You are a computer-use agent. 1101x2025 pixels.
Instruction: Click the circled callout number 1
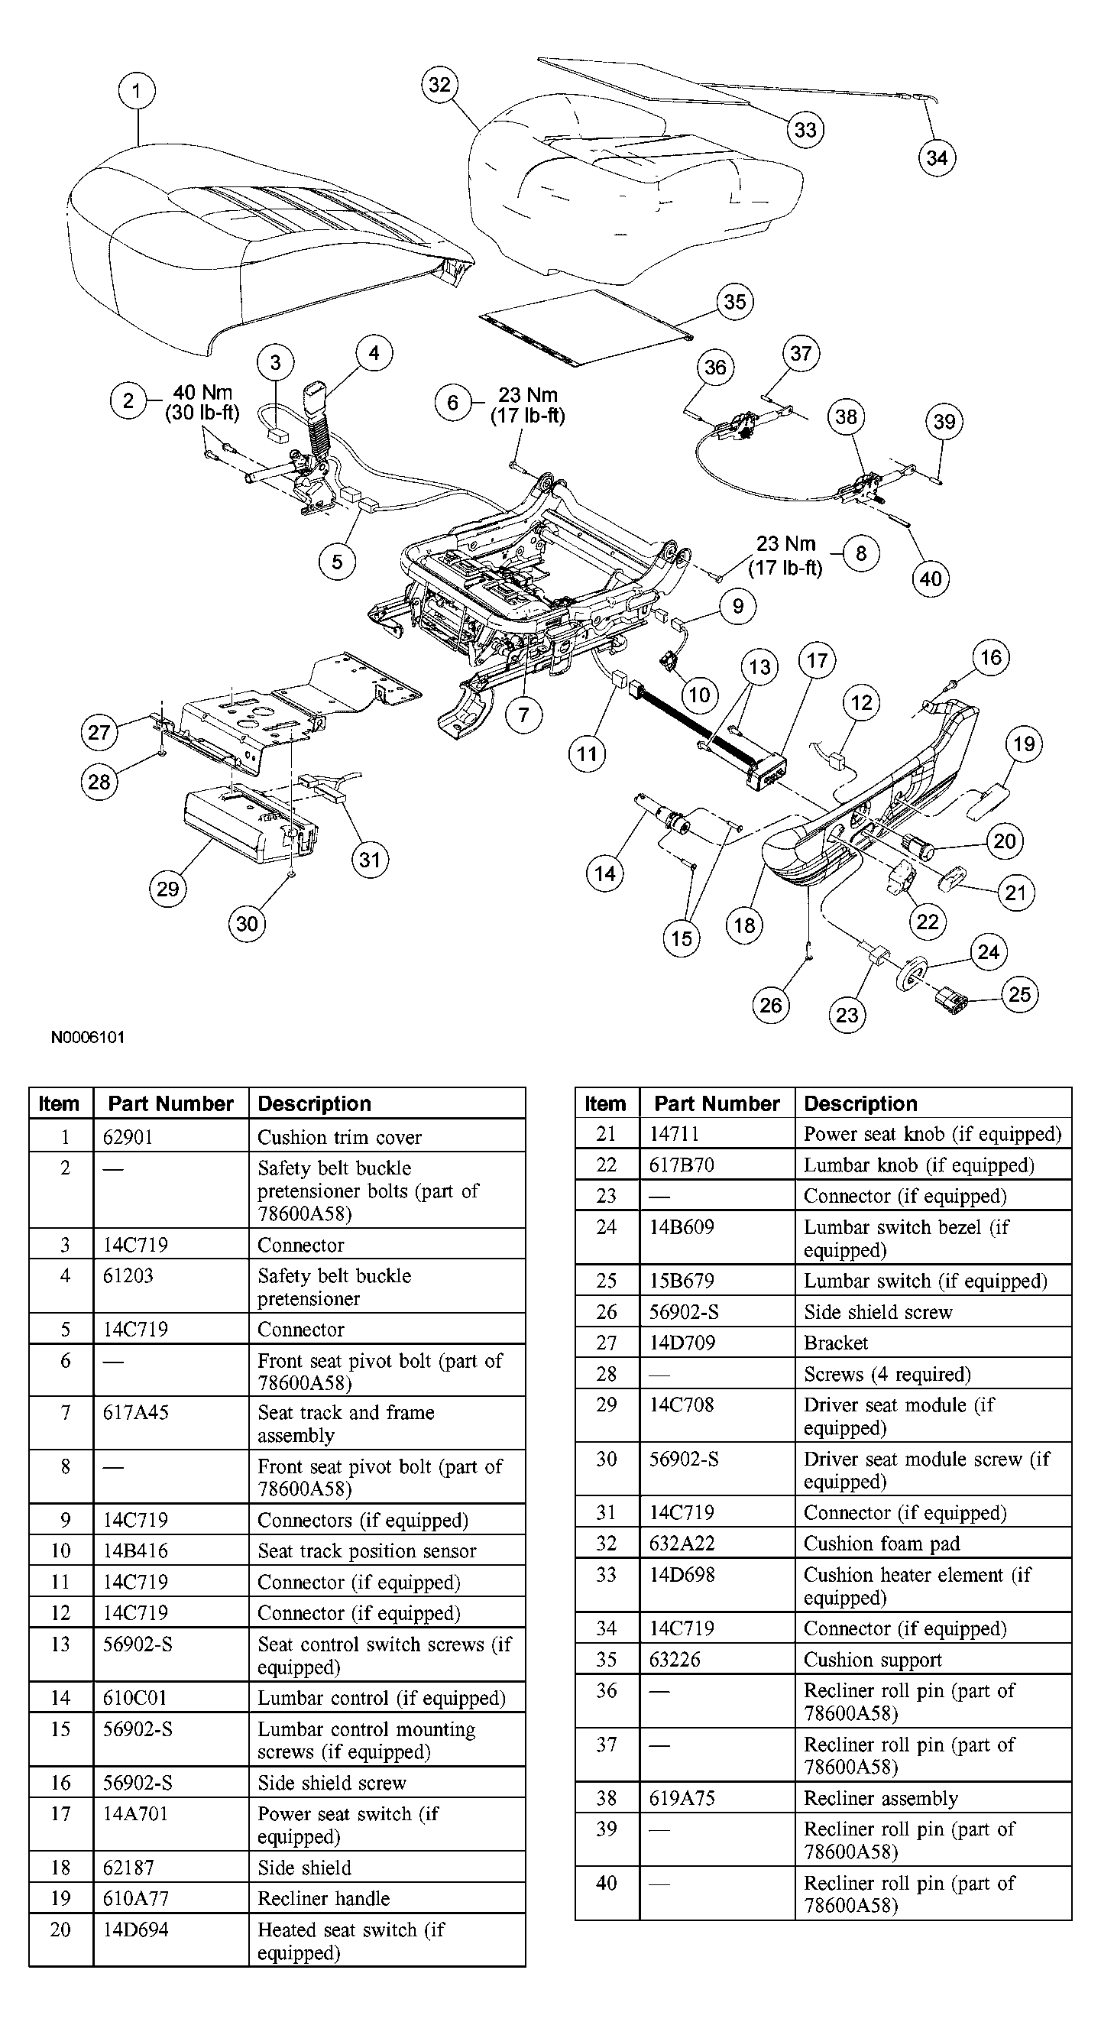point(136,90)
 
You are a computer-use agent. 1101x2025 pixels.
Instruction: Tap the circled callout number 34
point(937,158)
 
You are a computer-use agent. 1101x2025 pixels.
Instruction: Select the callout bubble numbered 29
point(167,889)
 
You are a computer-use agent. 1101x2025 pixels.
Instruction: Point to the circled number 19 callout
point(1024,744)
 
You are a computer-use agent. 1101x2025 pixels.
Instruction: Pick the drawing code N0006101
point(88,1037)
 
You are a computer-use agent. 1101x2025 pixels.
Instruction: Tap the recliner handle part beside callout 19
point(989,799)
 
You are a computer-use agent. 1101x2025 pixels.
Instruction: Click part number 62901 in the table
point(128,1137)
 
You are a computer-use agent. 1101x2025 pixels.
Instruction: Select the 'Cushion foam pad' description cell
point(882,1543)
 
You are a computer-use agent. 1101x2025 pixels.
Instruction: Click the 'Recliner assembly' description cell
point(880,1798)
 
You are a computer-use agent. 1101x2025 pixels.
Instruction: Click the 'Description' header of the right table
point(860,1103)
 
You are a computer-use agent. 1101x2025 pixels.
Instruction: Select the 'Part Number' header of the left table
point(170,1103)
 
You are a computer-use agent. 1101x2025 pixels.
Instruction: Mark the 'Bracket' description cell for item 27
point(835,1343)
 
